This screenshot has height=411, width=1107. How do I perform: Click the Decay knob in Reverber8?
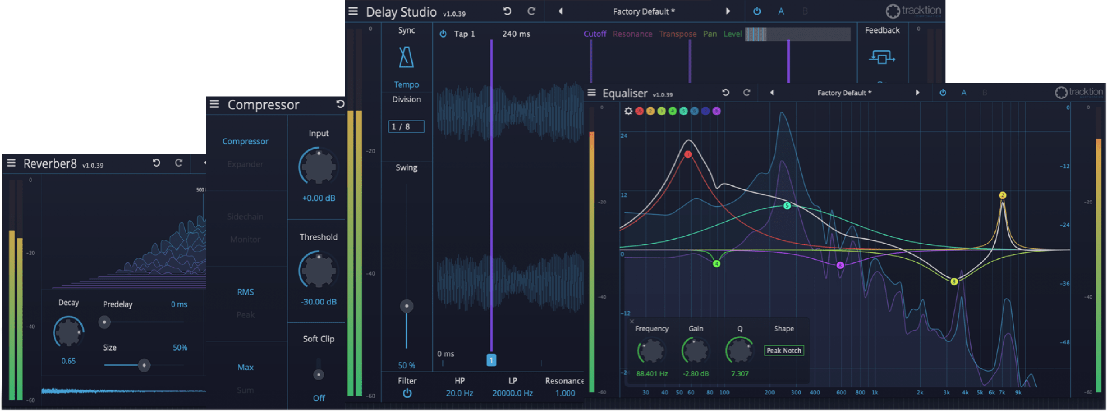click(x=68, y=331)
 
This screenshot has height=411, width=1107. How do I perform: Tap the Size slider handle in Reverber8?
click(x=144, y=365)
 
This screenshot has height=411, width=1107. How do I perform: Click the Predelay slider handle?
click(x=104, y=322)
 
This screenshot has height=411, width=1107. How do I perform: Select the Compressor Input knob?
click(x=318, y=167)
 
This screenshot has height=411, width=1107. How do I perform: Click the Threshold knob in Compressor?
click(x=318, y=270)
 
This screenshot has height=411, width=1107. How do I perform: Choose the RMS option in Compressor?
click(x=245, y=292)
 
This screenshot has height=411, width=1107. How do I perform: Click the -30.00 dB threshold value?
click(x=318, y=302)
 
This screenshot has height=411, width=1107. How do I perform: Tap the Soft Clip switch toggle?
click(x=318, y=375)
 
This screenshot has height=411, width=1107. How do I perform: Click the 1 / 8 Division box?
click(x=406, y=127)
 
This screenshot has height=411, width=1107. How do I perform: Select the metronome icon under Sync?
click(x=406, y=58)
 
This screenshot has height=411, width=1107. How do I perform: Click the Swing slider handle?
click(x=406, y=306)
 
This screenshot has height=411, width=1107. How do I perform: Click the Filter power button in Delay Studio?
click(x=407, y=393)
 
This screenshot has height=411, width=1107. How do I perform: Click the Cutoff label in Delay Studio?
click(x=595, y=34)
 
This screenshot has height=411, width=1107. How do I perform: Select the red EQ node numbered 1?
click(x=688, y=154)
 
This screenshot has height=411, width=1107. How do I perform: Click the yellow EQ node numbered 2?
click(x=1002, y=195)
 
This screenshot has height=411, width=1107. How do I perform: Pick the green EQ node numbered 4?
click(x=716, y=264)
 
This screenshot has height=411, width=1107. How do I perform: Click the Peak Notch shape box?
click(x=784, y=351)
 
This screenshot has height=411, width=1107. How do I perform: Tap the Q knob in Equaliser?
click(x=739, y=351)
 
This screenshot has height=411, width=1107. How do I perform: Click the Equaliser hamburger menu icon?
click(x=592, y=93)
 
